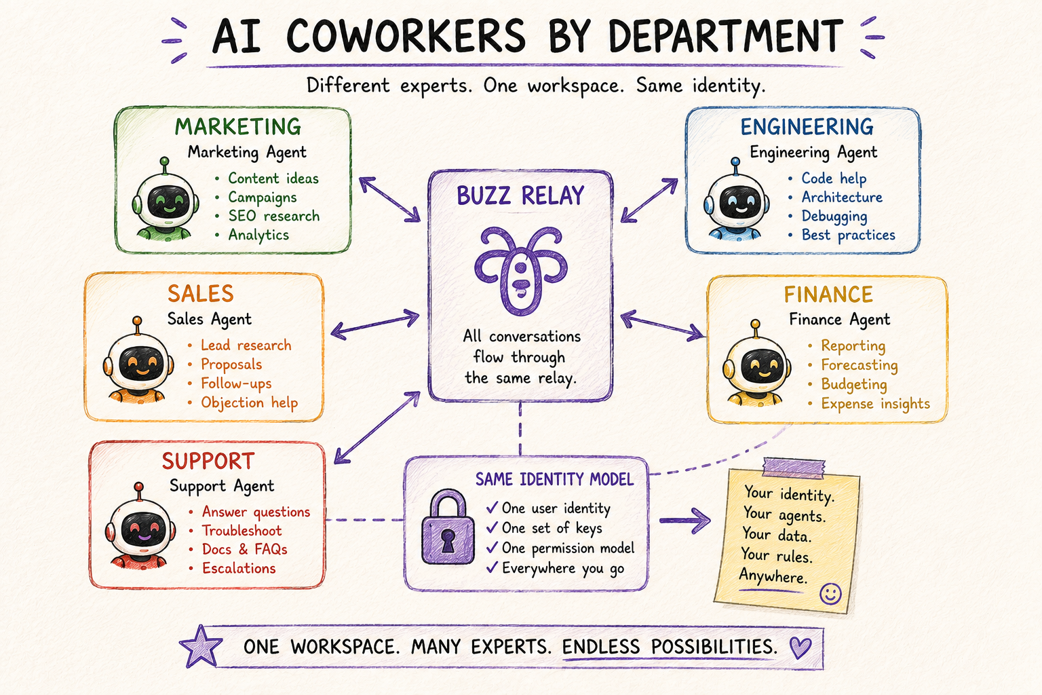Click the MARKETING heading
[x=237, y=127]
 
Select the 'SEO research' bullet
[x=273, y=216]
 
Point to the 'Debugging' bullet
[x=834, y=217]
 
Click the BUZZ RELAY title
[x=520, y=195]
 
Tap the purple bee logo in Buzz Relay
[x=520, y=270]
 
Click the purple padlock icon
[x=448, y=526]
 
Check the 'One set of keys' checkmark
[x=492, y=527]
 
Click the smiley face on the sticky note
[x=830, y=594]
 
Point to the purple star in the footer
[x=201, y=647]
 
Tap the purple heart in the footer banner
[x=800, y=647]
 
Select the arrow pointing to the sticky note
[x=684, y=521]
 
